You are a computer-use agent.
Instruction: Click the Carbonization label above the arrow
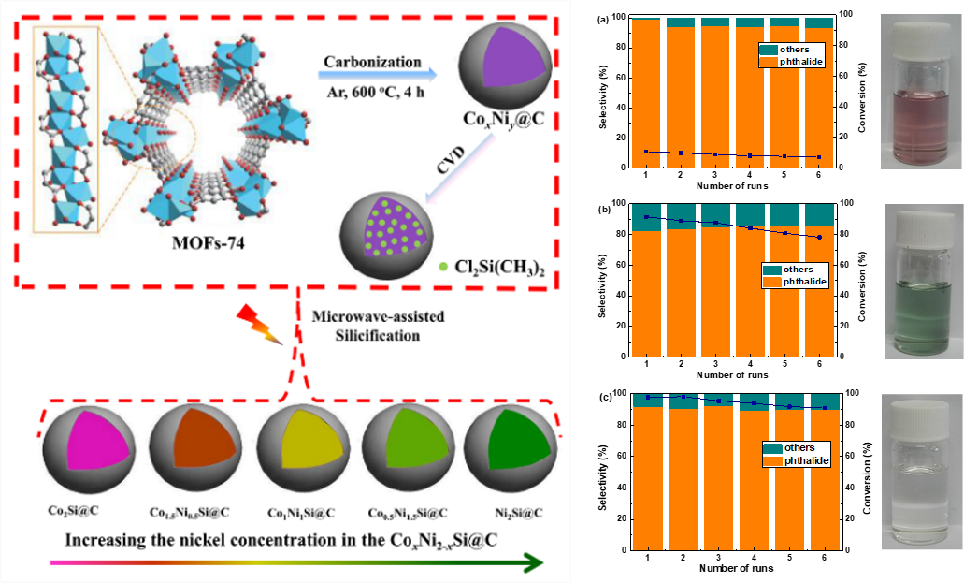(372, 62)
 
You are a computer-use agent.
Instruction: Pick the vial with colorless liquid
(920, 473)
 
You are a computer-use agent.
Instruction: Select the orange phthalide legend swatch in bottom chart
(772, 460)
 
